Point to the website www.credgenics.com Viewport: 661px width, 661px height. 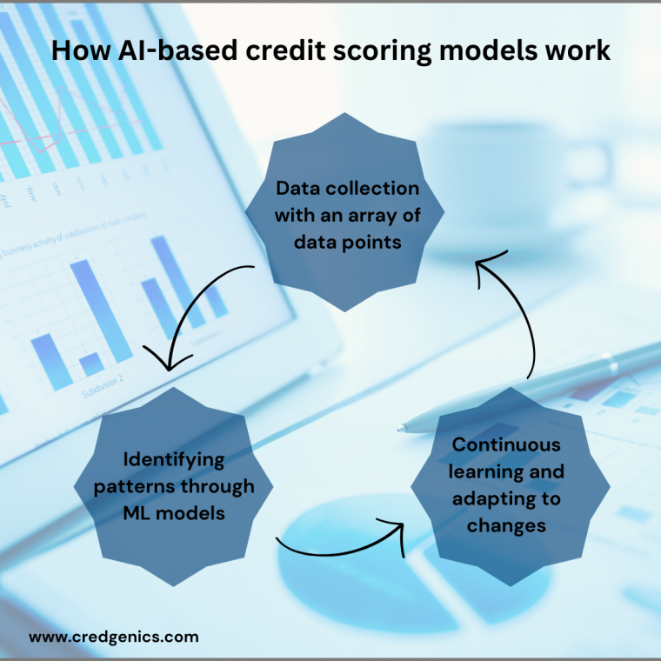[x=114, y=637]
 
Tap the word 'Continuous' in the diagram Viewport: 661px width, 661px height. [x=506, y=444]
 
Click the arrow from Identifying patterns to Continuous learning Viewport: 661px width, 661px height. [x=339, y=546]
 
